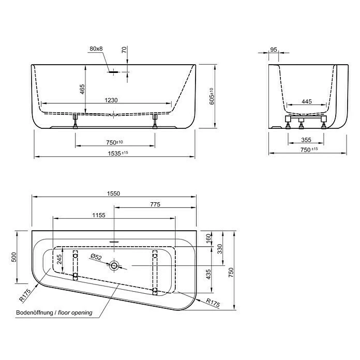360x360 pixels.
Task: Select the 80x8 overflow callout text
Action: click(x=96, y=49)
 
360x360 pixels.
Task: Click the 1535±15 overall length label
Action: click(x=114, y=153)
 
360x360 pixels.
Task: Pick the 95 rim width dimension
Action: click(x=274, y=50)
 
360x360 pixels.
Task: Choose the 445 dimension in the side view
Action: click(x=307, y=102)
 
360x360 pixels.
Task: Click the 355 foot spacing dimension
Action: click(x=307, y=140)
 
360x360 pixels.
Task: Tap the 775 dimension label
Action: click(x=155, y=204)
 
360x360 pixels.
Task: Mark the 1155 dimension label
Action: click(x=99, y=215)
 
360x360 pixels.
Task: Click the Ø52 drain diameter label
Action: click(x=97, y=257)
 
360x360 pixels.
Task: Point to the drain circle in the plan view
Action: click(x=113, y=266)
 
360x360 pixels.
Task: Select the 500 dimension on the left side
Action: click(x=15, y=257)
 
